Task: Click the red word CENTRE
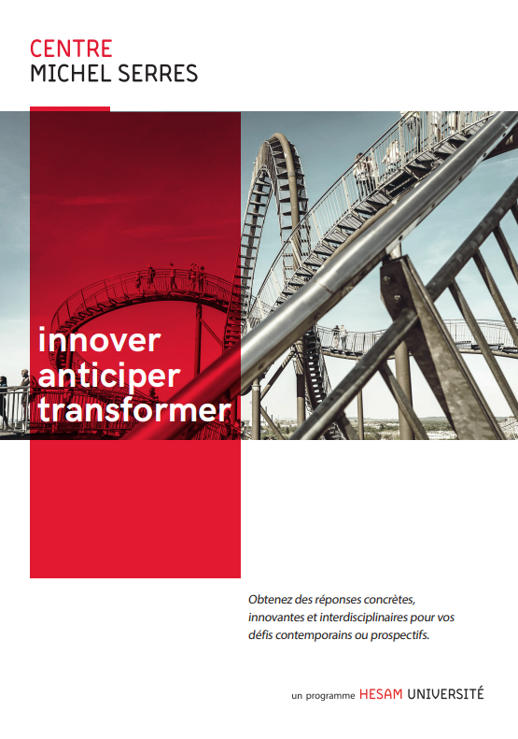coord(71,49)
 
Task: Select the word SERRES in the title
coord(158,74)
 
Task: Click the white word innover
coord(99,340)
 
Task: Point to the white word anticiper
coord(109,377)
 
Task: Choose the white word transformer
coord(135,410)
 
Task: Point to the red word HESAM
coord(381,694)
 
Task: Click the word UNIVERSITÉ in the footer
coord(445,693)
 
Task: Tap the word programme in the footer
coord(330,696)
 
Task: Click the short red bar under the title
coord(70,109)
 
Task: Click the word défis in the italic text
coord(260,635)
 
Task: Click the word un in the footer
coord(297,696)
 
